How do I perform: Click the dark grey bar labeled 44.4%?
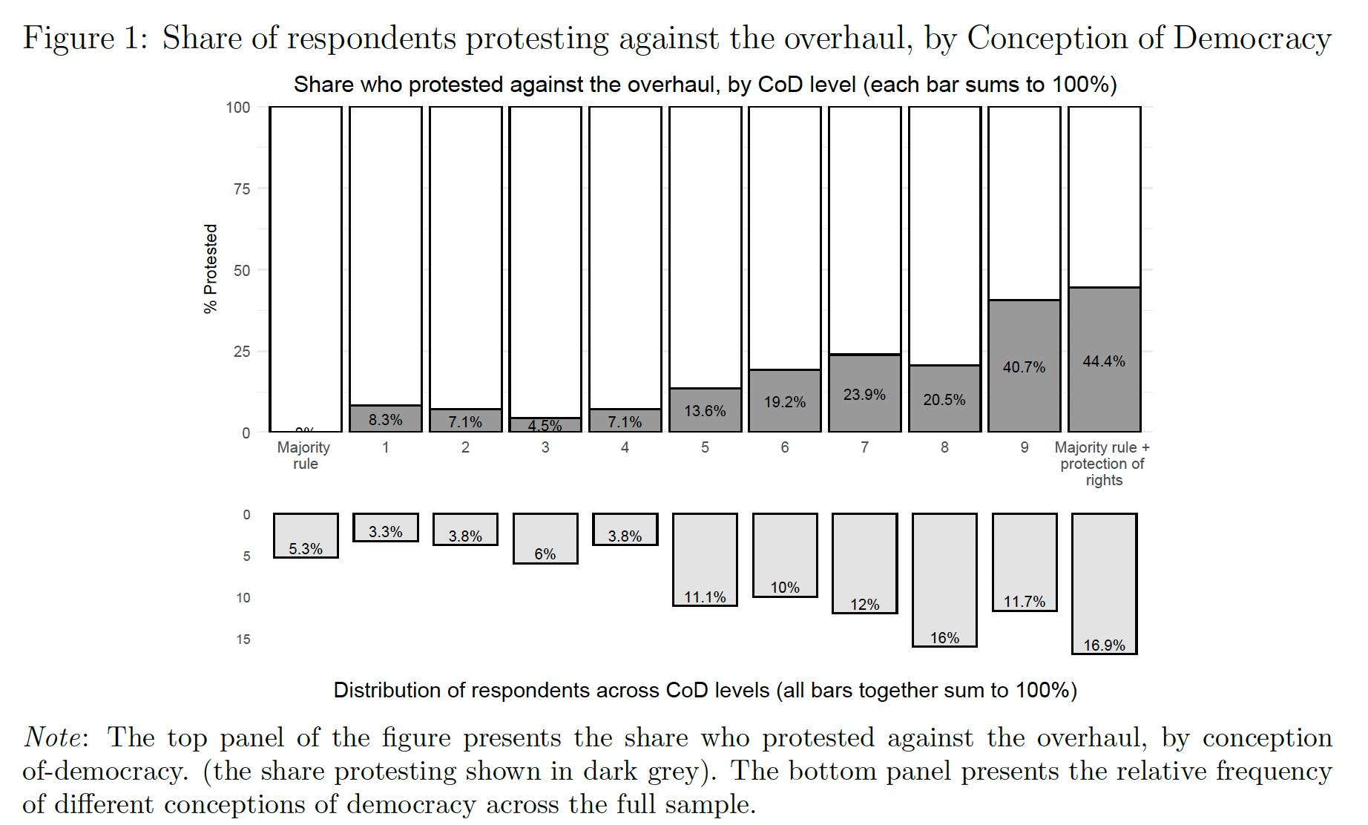pyautogui.click(x=1104, y=360)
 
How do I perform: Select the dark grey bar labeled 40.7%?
pyautogui.click(x=1024, y=367)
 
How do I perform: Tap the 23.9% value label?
pyautogui.click(x=864, y=395)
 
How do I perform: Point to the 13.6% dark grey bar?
pyautogui.click(x=705, y=410)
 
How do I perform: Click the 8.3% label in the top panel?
pyautogui.click(x=386, y=420)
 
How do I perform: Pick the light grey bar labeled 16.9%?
pyautogui.click(x=1104, y=583)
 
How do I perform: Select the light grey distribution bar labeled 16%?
pyautogui.click(x=944, y=579)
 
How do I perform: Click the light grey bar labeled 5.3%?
pyautogui.click(x=306, y=535)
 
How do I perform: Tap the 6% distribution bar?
pyautogui.click(x=545, y=538)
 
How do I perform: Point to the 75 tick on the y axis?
pyautogui.click(x=242, y=189)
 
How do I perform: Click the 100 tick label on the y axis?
pyautogui.click(x=238, y=108)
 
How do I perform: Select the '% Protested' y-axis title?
pyautogui.click(x=211, y=269)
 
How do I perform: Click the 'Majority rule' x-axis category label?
pyautogui.click(x=304, y=456)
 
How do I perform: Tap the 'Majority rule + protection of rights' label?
pyautogui.click(x=1102, y=464)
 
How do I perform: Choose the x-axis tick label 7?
pyautogui.click(x=864, y=447)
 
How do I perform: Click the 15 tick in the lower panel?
pyautogui.click(x=243, y=640)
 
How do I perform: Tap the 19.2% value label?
pyautogui.click(x=785, y=402)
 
